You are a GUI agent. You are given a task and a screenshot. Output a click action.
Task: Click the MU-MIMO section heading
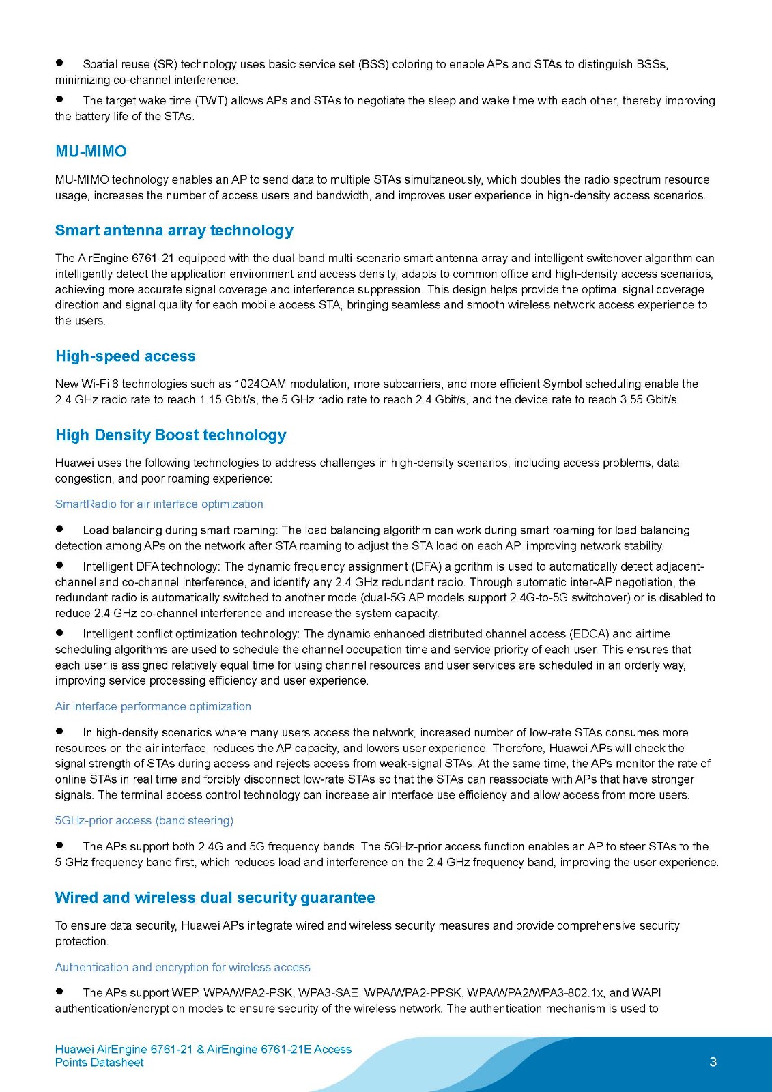click(91, 152)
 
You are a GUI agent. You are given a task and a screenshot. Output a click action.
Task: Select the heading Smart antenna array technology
click(174, 231)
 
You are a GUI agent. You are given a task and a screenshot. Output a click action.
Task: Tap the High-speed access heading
click(126, 356)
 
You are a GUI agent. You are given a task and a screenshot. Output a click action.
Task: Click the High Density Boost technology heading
click(171, 435)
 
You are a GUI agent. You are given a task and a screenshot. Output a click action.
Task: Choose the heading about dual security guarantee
click(215, 898)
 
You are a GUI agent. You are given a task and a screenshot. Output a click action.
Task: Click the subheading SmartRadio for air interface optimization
click(159, 504)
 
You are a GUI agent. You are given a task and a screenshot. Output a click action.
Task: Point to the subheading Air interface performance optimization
click(153, 707)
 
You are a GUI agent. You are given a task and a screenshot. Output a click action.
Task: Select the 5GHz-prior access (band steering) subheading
click(144, 821)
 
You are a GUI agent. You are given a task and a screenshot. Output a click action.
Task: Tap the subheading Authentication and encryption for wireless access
click(182, 968)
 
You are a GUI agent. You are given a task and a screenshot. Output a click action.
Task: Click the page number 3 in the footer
click(713, 1062)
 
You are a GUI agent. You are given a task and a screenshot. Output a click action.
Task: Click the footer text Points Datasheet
click(100, 1063)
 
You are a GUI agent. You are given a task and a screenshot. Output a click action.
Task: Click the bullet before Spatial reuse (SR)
click(60, 63)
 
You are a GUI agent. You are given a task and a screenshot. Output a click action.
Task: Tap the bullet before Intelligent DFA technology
click(60, 565)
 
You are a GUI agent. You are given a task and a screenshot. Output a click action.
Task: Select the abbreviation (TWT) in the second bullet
click(212, 101)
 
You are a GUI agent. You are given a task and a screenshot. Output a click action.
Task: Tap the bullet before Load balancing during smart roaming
click(60, 529)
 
